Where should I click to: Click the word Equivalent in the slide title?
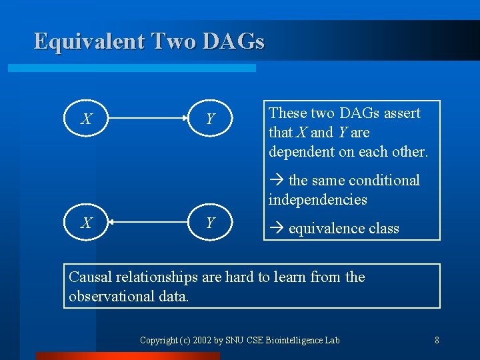(89, 41)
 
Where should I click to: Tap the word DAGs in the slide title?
(234, 41)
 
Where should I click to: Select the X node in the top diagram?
(87, 119)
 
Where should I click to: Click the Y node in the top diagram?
(211, 119)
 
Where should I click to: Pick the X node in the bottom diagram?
(87, 223)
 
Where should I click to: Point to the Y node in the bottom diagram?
(211, 223)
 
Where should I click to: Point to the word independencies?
(317, 199)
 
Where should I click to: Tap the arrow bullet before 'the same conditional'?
(277, 181)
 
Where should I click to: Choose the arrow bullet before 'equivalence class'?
(277, 229)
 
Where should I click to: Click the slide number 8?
(437, 340)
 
